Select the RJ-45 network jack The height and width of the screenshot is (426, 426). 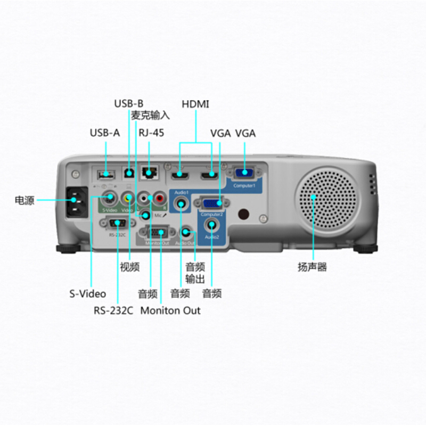[149, 173]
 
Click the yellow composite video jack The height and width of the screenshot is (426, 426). [127, 198]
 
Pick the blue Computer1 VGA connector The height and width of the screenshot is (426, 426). [244, 173]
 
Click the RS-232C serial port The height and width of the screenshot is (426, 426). [116, 224]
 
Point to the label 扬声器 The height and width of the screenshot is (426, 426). [312, 267]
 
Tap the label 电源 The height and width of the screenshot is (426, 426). [24, 201]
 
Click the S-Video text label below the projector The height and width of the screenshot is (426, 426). [88, 293]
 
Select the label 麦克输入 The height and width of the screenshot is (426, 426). [151, 116]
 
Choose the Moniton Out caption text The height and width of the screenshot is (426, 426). [170, 310]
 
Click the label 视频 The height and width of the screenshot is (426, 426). [129, 267]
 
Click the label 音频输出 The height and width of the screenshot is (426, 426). [195, 273]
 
